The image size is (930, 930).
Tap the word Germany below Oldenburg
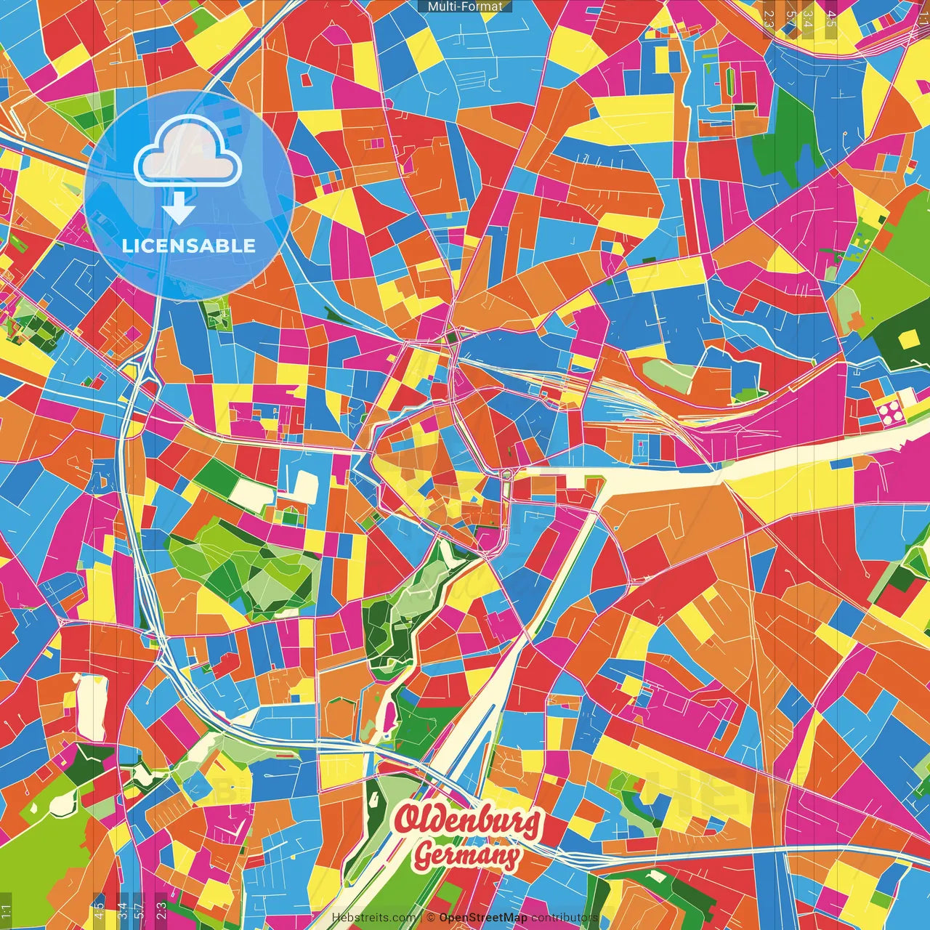point(466,855)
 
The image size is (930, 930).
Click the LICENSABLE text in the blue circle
point(189,246)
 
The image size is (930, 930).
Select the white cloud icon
point(188,150)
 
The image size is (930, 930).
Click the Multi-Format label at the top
point(465,7)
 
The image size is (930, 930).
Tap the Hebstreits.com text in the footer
point(373,918)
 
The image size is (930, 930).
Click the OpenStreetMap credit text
point(482,918)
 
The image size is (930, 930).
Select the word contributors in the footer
point(565,918)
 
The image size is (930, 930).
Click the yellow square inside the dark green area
point(907,339)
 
